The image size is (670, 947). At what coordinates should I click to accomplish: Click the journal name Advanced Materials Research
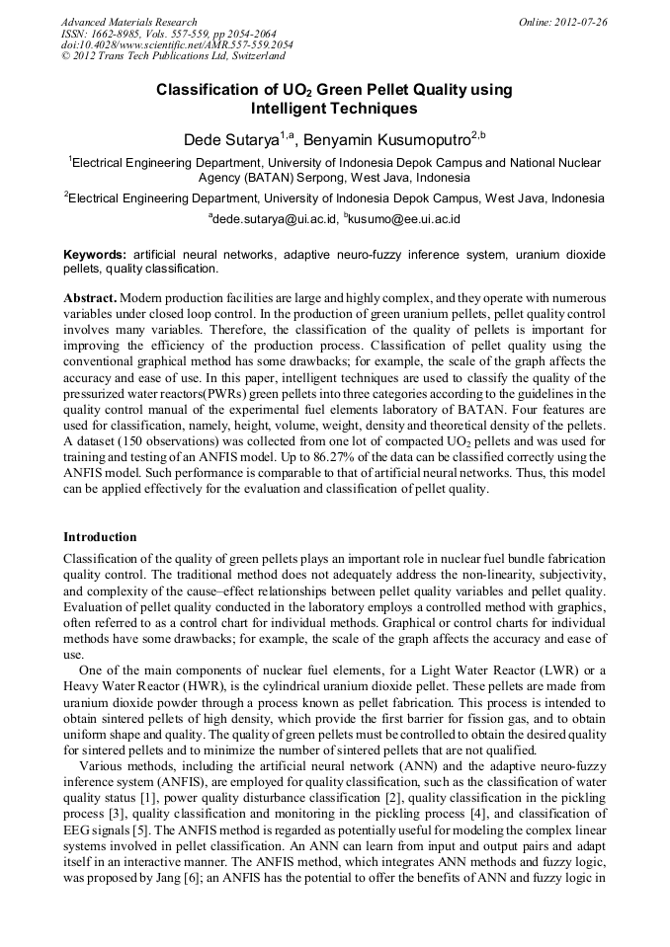tap(128, 22)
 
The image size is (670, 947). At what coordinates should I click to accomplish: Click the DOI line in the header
tap(177, 45)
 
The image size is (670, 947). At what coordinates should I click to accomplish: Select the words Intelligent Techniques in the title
tap(334, 109)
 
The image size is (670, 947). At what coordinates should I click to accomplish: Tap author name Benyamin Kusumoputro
tap(385, 141)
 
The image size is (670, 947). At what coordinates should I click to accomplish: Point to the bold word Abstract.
tap(90, 297)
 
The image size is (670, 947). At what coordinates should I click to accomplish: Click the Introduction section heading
tap(100, 537)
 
